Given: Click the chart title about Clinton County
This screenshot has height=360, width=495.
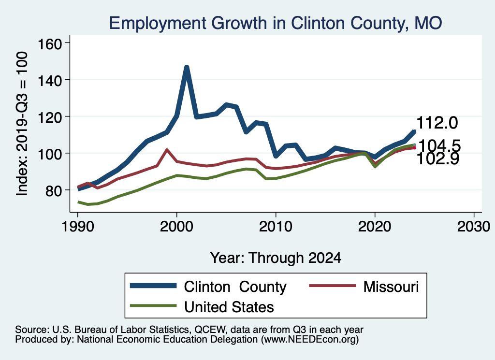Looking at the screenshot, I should pyautogui.click(x=276, y=23).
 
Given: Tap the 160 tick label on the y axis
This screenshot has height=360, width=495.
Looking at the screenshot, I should pyautogui.click(x=51, y=43).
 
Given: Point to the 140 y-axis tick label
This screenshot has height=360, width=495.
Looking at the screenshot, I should pyautogui.click(x=51, y=80).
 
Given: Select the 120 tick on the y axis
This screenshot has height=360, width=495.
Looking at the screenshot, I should pyautogui.click(x=51, y=116).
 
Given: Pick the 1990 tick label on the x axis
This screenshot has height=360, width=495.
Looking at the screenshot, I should pyautogui.click(x=77, y=227).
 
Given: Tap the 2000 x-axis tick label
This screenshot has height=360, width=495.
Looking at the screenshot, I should pyautogui.click(x=176, y=227).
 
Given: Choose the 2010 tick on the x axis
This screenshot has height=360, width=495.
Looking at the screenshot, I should pyautogui.click(x=276, y=227).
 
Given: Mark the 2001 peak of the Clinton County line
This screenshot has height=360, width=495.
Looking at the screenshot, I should pyautogui.click(x=187, y=68).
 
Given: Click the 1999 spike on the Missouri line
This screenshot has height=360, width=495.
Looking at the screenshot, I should pyautogui.click(x=167, y=150).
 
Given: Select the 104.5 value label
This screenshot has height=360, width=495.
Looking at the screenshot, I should pyautogui.click(x=439, y=145).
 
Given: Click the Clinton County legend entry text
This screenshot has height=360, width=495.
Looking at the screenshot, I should pyautogui.click(x=235, y=287).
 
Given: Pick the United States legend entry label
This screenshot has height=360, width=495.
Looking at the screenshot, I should pyautogui.click(x=229, y=306).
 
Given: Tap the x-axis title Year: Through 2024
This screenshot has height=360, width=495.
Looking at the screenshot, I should pyautogui.click(x=276, y=258).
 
